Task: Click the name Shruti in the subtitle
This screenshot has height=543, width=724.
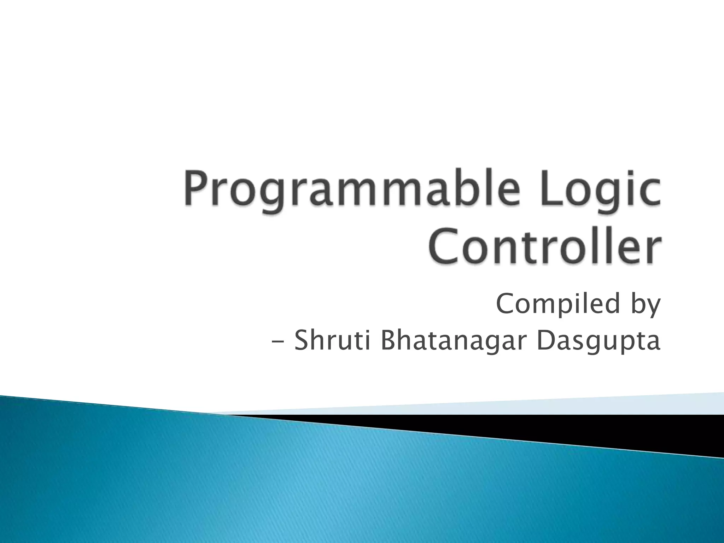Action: coord(332,341)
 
